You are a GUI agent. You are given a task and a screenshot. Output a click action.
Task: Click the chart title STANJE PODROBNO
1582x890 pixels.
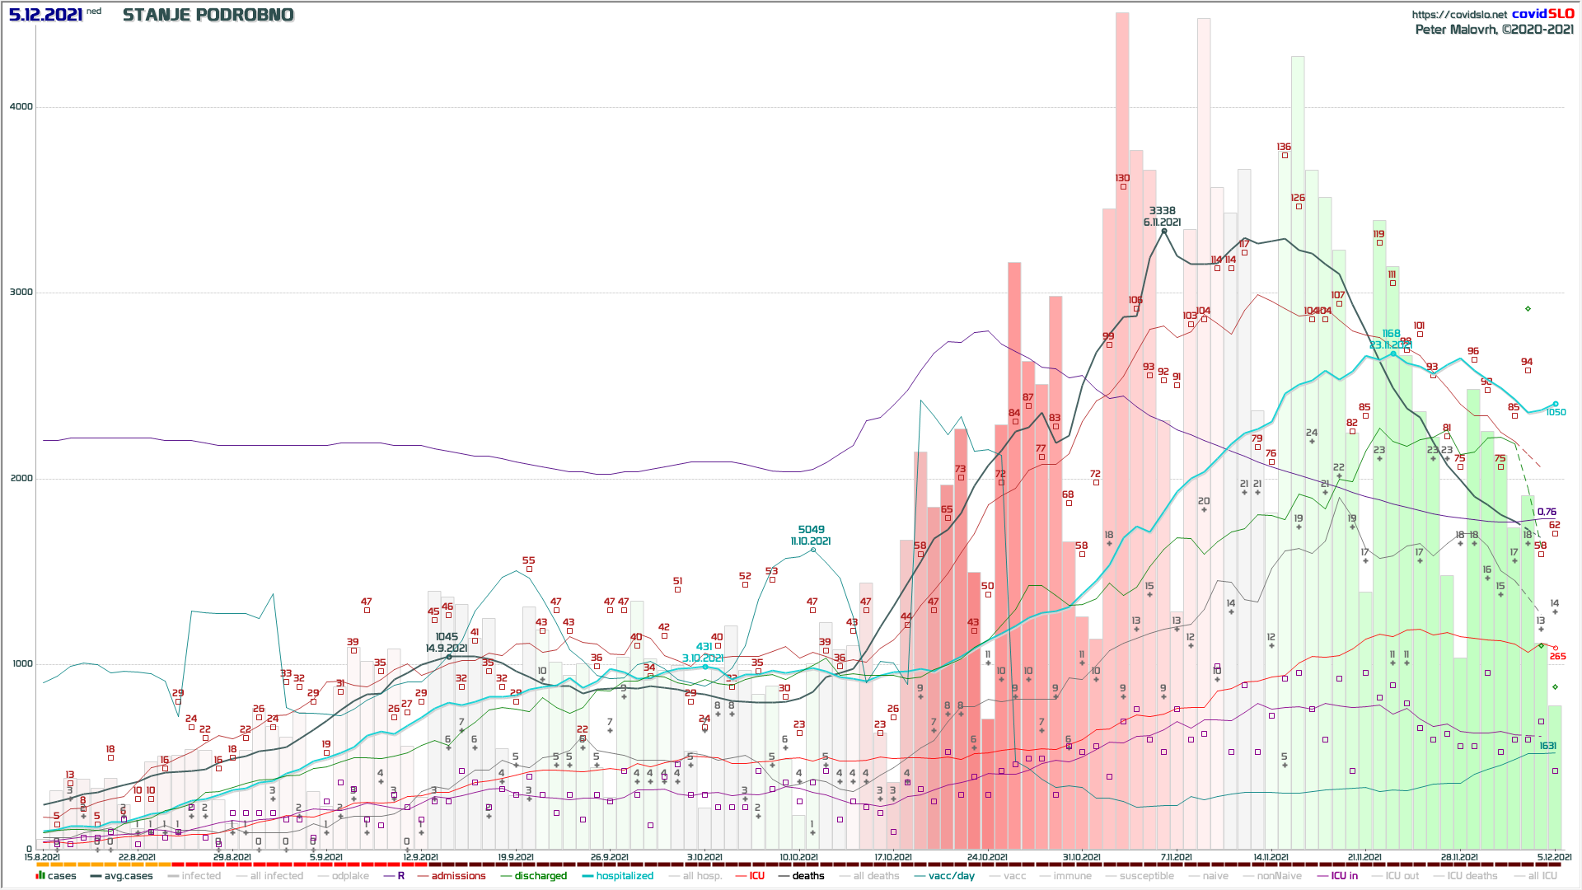coord(208,15)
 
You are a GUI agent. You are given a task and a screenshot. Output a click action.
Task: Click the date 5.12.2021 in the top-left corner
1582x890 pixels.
coord(45,15)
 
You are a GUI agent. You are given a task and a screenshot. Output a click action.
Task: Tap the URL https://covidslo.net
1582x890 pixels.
coord(1458,14)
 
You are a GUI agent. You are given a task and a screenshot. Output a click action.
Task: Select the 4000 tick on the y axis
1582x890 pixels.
coord(21,106)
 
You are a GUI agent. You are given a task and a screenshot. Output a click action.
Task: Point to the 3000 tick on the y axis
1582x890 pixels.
coord(21,292)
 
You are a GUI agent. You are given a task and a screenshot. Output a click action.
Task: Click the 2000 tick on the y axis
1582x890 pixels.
coord(21,478)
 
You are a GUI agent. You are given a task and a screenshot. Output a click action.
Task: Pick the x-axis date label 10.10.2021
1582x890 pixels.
coord(798,857)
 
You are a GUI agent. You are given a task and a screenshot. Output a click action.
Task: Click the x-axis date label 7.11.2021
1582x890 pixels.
coord(1176,857)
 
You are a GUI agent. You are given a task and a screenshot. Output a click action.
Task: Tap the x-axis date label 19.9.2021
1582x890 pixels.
coord(515,857)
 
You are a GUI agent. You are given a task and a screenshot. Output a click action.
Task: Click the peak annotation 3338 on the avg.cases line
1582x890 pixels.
coord(1162,211)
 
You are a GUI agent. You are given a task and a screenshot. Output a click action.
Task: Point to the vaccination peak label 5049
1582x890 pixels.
coord(811,530)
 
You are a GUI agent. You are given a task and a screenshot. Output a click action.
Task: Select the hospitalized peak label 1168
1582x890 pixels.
coord(1391,334)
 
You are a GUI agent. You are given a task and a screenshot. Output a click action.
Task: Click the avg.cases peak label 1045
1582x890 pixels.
coord(447,637)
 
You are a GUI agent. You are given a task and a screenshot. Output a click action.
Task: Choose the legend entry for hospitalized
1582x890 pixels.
coord(624,876)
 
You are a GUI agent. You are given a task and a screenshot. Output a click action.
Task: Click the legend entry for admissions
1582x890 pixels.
coord(458,876)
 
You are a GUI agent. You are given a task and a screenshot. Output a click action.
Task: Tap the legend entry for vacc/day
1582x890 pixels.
coord(951,876)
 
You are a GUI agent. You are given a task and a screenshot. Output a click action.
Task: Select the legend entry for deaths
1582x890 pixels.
coord(807,876)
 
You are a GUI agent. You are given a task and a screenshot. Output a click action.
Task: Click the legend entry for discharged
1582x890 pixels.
coord(541,876)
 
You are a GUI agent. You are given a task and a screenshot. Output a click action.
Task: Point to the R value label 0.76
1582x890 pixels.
coord(1547,512)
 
